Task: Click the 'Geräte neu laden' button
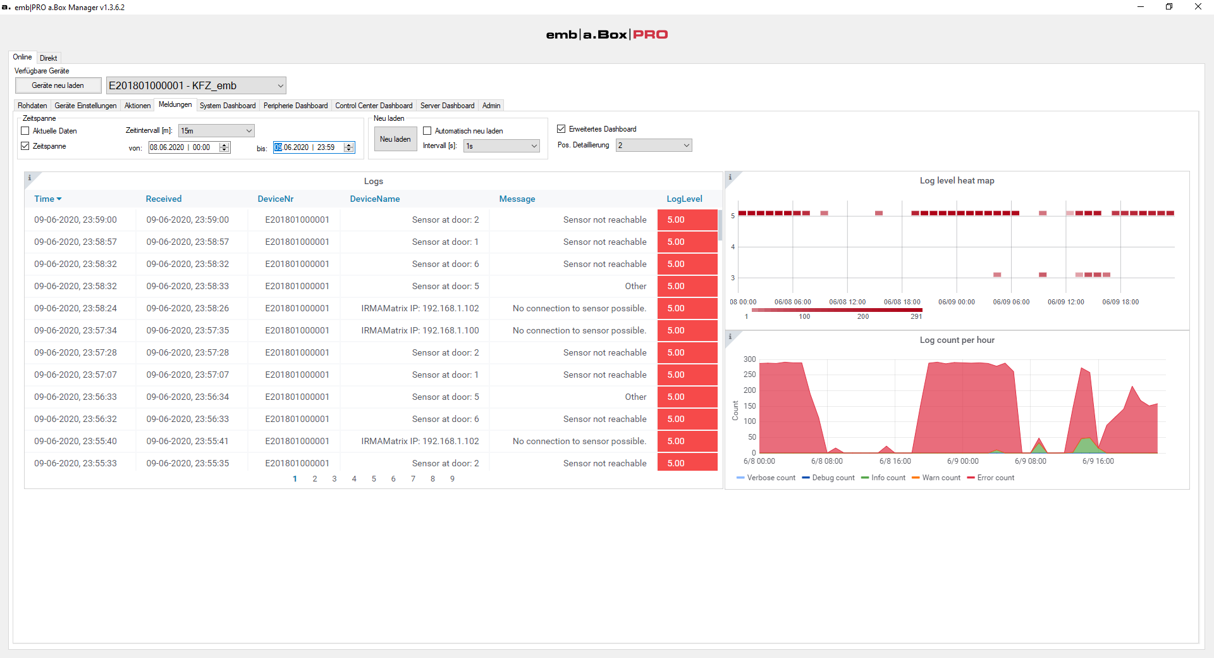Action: [58, 85]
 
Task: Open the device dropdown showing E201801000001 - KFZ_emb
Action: [196, 85]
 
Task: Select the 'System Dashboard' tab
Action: [228, 106]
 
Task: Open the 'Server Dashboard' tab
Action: [447, 106]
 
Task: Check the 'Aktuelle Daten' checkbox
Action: [25, 131]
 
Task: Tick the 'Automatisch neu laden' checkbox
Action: [427, 131]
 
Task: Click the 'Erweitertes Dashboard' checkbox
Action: [561, 129]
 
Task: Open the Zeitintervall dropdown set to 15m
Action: [216, 131]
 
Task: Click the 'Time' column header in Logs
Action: [44, 199]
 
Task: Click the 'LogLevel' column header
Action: [684, 199]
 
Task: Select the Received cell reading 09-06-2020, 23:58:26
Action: [188, 308]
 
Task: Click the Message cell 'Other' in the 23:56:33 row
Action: [635, 397]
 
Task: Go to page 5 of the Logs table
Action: [374, 479]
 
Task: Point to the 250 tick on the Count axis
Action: [749, 375]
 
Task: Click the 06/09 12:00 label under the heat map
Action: [1065, 302]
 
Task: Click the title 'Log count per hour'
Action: [957, 340]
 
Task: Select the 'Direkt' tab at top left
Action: [49, 58]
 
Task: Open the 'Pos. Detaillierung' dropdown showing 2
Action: [654, 146]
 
